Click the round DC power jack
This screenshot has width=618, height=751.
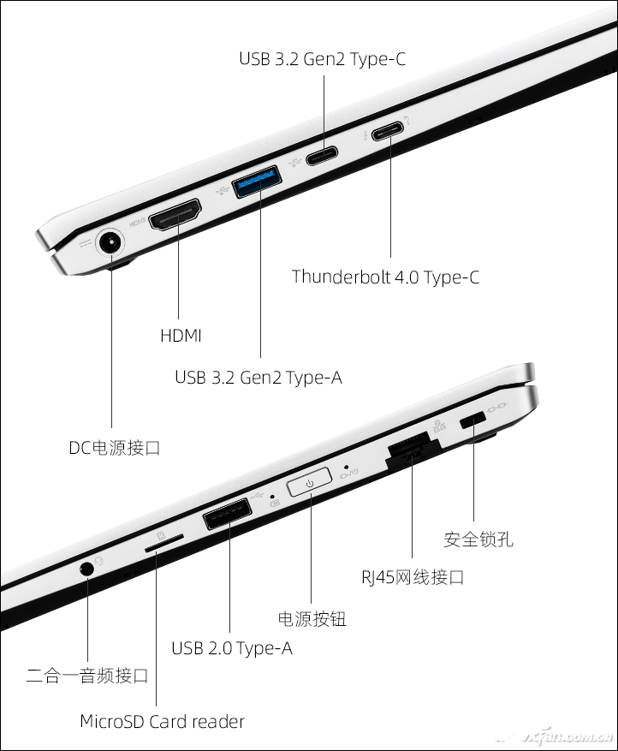click(x=110, y=244)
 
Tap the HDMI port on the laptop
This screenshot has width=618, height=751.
click(x=175, y=215)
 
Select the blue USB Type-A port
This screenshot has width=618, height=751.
click(x=256, y=181)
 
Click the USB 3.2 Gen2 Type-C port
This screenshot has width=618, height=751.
click(x=322, y=156)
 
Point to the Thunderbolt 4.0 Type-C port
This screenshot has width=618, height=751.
click(x=389, y=131)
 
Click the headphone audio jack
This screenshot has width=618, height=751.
click(x=86, y=569)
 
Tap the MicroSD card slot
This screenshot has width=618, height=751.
click(x=163, y=545)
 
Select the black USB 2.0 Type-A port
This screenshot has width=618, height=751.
click(x=228, y=514)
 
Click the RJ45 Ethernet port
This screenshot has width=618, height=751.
click(x=413, y=450)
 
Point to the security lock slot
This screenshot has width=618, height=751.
click(x=472, y=421)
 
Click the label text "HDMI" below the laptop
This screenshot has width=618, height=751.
click(x=181, y=336)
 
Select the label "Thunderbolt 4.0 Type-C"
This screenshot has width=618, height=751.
click(x=385, y=277)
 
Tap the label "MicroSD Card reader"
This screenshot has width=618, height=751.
click(x=162, y=721)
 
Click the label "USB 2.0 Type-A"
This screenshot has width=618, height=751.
click(x=232, y=648)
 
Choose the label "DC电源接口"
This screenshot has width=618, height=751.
click(x=115, y=448)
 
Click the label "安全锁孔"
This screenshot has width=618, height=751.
click(x=478, y=539)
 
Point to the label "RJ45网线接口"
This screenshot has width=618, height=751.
click(x=413, y=576)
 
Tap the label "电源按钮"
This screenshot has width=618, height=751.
click(x=312, y=619)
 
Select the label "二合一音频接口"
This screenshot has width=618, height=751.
click(x=87, y=676)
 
